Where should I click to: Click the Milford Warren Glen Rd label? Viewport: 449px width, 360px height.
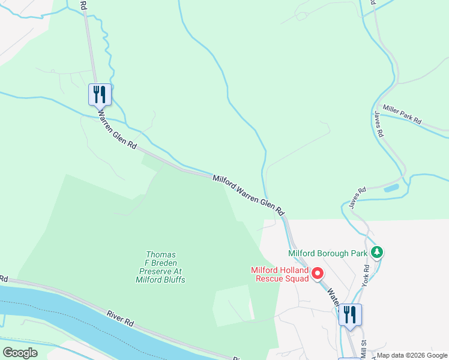[248, 195]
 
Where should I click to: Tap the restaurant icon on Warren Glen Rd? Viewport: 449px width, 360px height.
[100, 94]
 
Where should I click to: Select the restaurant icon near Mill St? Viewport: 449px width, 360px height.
[350, 314]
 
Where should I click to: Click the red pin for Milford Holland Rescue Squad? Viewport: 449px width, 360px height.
[318, 274]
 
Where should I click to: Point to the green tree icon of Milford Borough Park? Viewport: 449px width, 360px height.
[376, 252]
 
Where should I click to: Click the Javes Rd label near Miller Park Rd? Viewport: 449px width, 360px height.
[378, 125]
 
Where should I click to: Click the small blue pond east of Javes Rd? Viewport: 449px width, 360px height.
[391, 188]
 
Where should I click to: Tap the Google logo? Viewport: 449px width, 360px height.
[20, 352]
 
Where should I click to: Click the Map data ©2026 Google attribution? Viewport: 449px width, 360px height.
[412, 356]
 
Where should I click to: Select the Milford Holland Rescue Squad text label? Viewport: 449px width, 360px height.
[280, 274]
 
